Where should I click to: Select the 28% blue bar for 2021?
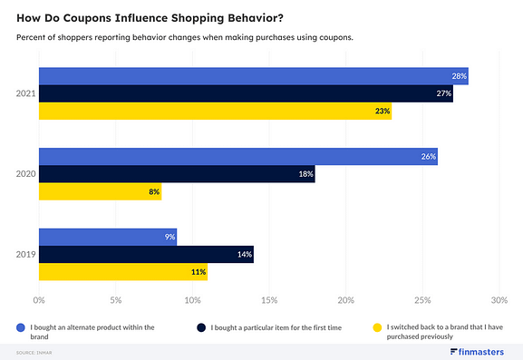(253, 76)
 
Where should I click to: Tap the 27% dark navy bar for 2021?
(246, 93)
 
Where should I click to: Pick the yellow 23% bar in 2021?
(215, 112)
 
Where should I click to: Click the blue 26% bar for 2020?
(237, 156)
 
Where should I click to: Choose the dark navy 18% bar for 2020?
(177, 174)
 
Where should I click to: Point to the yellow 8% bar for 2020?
(100, 191)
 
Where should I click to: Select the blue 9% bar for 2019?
(107, 237)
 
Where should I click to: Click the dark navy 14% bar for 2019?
(146, 254)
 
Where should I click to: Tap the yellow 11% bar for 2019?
(123, 271)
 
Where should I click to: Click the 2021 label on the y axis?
(25, 93)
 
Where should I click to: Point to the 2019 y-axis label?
(25, 254)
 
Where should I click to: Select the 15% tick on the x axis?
(268, 299)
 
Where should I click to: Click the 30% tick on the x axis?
(498, 299)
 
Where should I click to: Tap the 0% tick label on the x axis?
(39, 299)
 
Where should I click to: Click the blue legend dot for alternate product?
(20, 326)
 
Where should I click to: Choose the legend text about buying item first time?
(276, 326)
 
